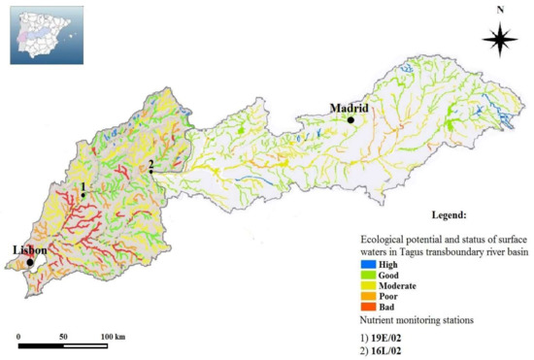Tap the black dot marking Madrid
pyautogui.click(x=350, y=119)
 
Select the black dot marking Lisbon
pyautogui.click(x=30, y=262)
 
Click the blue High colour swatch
pyautogui.click(x=368, y=262)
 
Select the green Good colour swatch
pyautogui.click(x=368, y=274)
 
